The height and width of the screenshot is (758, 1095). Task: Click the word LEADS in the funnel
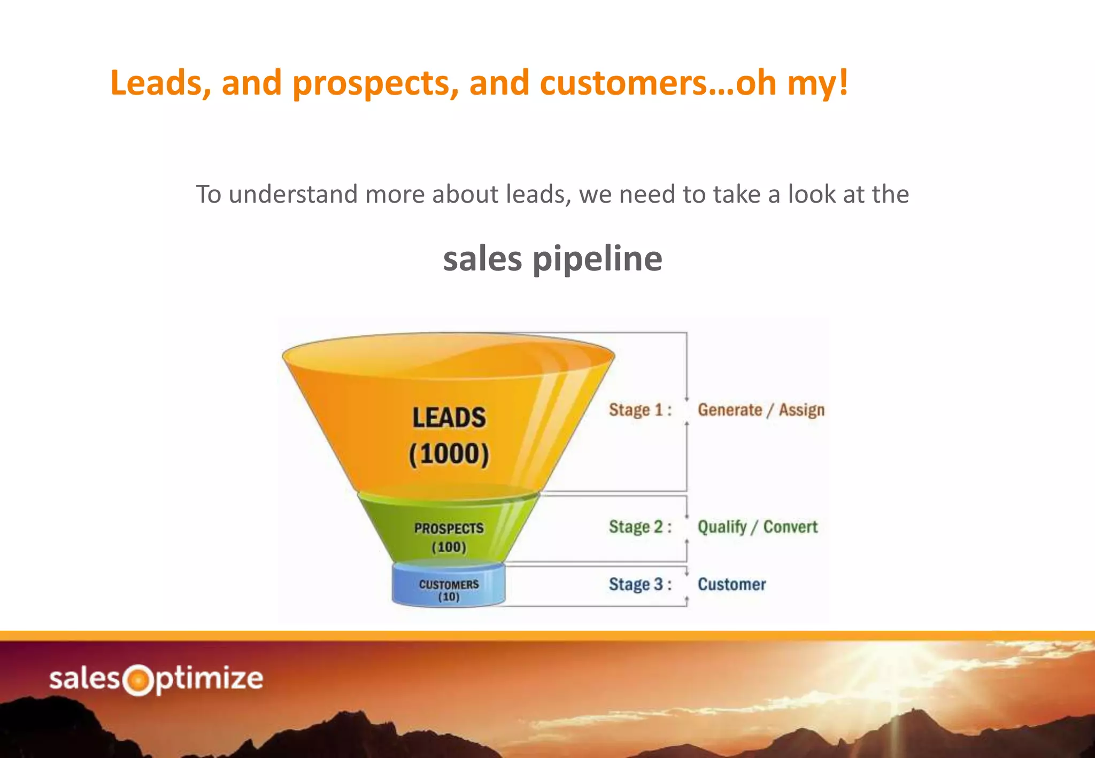point(449,418)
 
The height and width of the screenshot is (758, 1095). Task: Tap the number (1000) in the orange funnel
point(449,454)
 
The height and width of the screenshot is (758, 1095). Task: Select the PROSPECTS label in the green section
point(449,528)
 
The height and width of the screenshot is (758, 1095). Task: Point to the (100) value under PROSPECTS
point(449,547)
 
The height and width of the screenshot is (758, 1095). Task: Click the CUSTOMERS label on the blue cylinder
point(449,584)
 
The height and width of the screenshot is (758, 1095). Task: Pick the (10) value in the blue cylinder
point(449,597)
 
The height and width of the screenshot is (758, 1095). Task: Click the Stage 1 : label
point(639,410)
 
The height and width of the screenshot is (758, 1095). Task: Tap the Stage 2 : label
point(639,527)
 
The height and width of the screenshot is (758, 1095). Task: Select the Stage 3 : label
point(639,584)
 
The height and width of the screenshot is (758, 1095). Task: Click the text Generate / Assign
point(760,410)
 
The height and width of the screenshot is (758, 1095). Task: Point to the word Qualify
point(722,527)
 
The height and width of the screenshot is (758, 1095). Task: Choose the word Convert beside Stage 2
point(790,527)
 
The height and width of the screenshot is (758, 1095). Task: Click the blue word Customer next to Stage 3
point(731,584)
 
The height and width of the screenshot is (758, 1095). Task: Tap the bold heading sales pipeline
point(552,259)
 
